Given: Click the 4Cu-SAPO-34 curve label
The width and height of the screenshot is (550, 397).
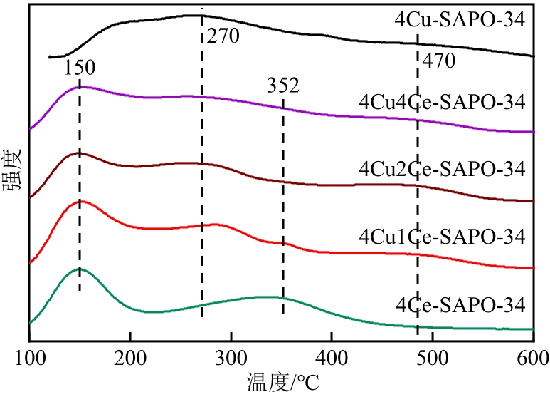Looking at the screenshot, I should click(x=459, y=19).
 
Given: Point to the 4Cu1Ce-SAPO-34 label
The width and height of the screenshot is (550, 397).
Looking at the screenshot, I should click(x=442, y=236).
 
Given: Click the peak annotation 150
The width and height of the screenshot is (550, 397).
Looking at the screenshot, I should click(x=79, y=68).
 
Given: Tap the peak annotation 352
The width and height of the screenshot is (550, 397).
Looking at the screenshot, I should click(x=283, y=86).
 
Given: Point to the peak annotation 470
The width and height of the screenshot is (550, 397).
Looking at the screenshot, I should click(x=438, y=62).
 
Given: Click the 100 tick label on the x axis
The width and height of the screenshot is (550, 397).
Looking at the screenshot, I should click(x=29, y=356).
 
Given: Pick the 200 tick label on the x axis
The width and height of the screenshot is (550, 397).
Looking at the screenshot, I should click(x=130, y=356).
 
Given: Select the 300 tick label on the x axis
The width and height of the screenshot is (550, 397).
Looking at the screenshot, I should click(x=231, y=356).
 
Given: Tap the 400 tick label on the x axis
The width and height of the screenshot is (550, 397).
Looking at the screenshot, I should click(x=332, y=356).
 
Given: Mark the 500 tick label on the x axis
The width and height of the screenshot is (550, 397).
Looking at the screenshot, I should click(x=432, y=356).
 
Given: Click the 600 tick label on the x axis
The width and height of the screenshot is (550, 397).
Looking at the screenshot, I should click(x=533, y=356).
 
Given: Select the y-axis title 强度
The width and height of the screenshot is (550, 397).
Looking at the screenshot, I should click(x=11, y=169).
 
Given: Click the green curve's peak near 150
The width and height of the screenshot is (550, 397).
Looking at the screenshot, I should click(x=79, y=269).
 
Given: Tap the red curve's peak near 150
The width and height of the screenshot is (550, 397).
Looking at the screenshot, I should click(x=80, y=201).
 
